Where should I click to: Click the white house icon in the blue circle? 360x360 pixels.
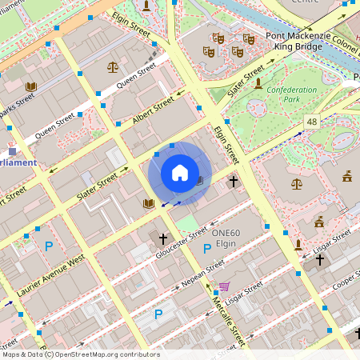(x=179, y=173)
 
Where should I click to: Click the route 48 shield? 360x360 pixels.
(x=311, y=122)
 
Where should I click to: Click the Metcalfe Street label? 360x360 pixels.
(x=226, y=317)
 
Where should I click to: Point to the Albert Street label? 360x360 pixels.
(x=152, y=112)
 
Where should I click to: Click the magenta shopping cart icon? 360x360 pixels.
(x=225, y=286)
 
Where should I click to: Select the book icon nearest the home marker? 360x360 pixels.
(x=148, y=204)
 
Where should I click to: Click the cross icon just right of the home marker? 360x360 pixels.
(x=234, y=182)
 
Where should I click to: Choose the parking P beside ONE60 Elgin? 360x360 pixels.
(x=207, y=249)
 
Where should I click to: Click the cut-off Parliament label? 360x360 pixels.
(x=18, y=162)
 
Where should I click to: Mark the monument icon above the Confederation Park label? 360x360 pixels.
(x=258, y=82)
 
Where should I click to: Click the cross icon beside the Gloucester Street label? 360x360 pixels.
(x=163, y=238)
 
